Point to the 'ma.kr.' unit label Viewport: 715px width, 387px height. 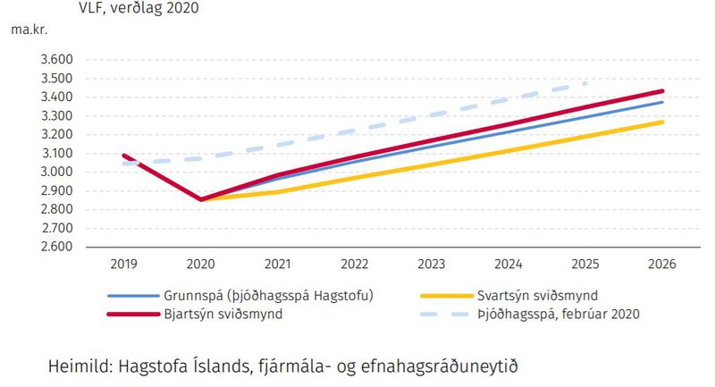pyautogui.click(x=29, y=29)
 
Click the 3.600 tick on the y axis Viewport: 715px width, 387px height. pyautogui.click(x=56, y=60)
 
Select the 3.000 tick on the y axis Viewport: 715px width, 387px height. pyautogui.click(x=56, y=172)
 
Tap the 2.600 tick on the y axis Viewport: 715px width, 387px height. pyautogui.click(x=56, y=248)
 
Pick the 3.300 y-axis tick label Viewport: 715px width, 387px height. pyautogui.click(x=56, y=116)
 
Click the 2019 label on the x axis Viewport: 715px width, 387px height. pyautogui.click(x=123, y=265)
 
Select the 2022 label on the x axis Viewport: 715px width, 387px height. pyautogui.click(x=355, y=265)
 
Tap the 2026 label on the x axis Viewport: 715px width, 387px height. pyautogui.click(x=662, y=265)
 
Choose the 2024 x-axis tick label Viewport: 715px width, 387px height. pyautogui.click(x=509, y=265)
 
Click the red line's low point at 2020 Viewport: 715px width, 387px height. pyautogui.click(x=200, y=199)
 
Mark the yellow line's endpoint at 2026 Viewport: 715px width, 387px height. pyautogui.click(x=662, y=122)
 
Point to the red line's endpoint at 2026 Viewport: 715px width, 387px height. pyautogui.click(x=662, y=90)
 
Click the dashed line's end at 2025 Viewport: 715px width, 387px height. pyautogui.click(x=585, y=83)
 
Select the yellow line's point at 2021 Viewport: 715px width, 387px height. pyautogui.click(x=278, y=191)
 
